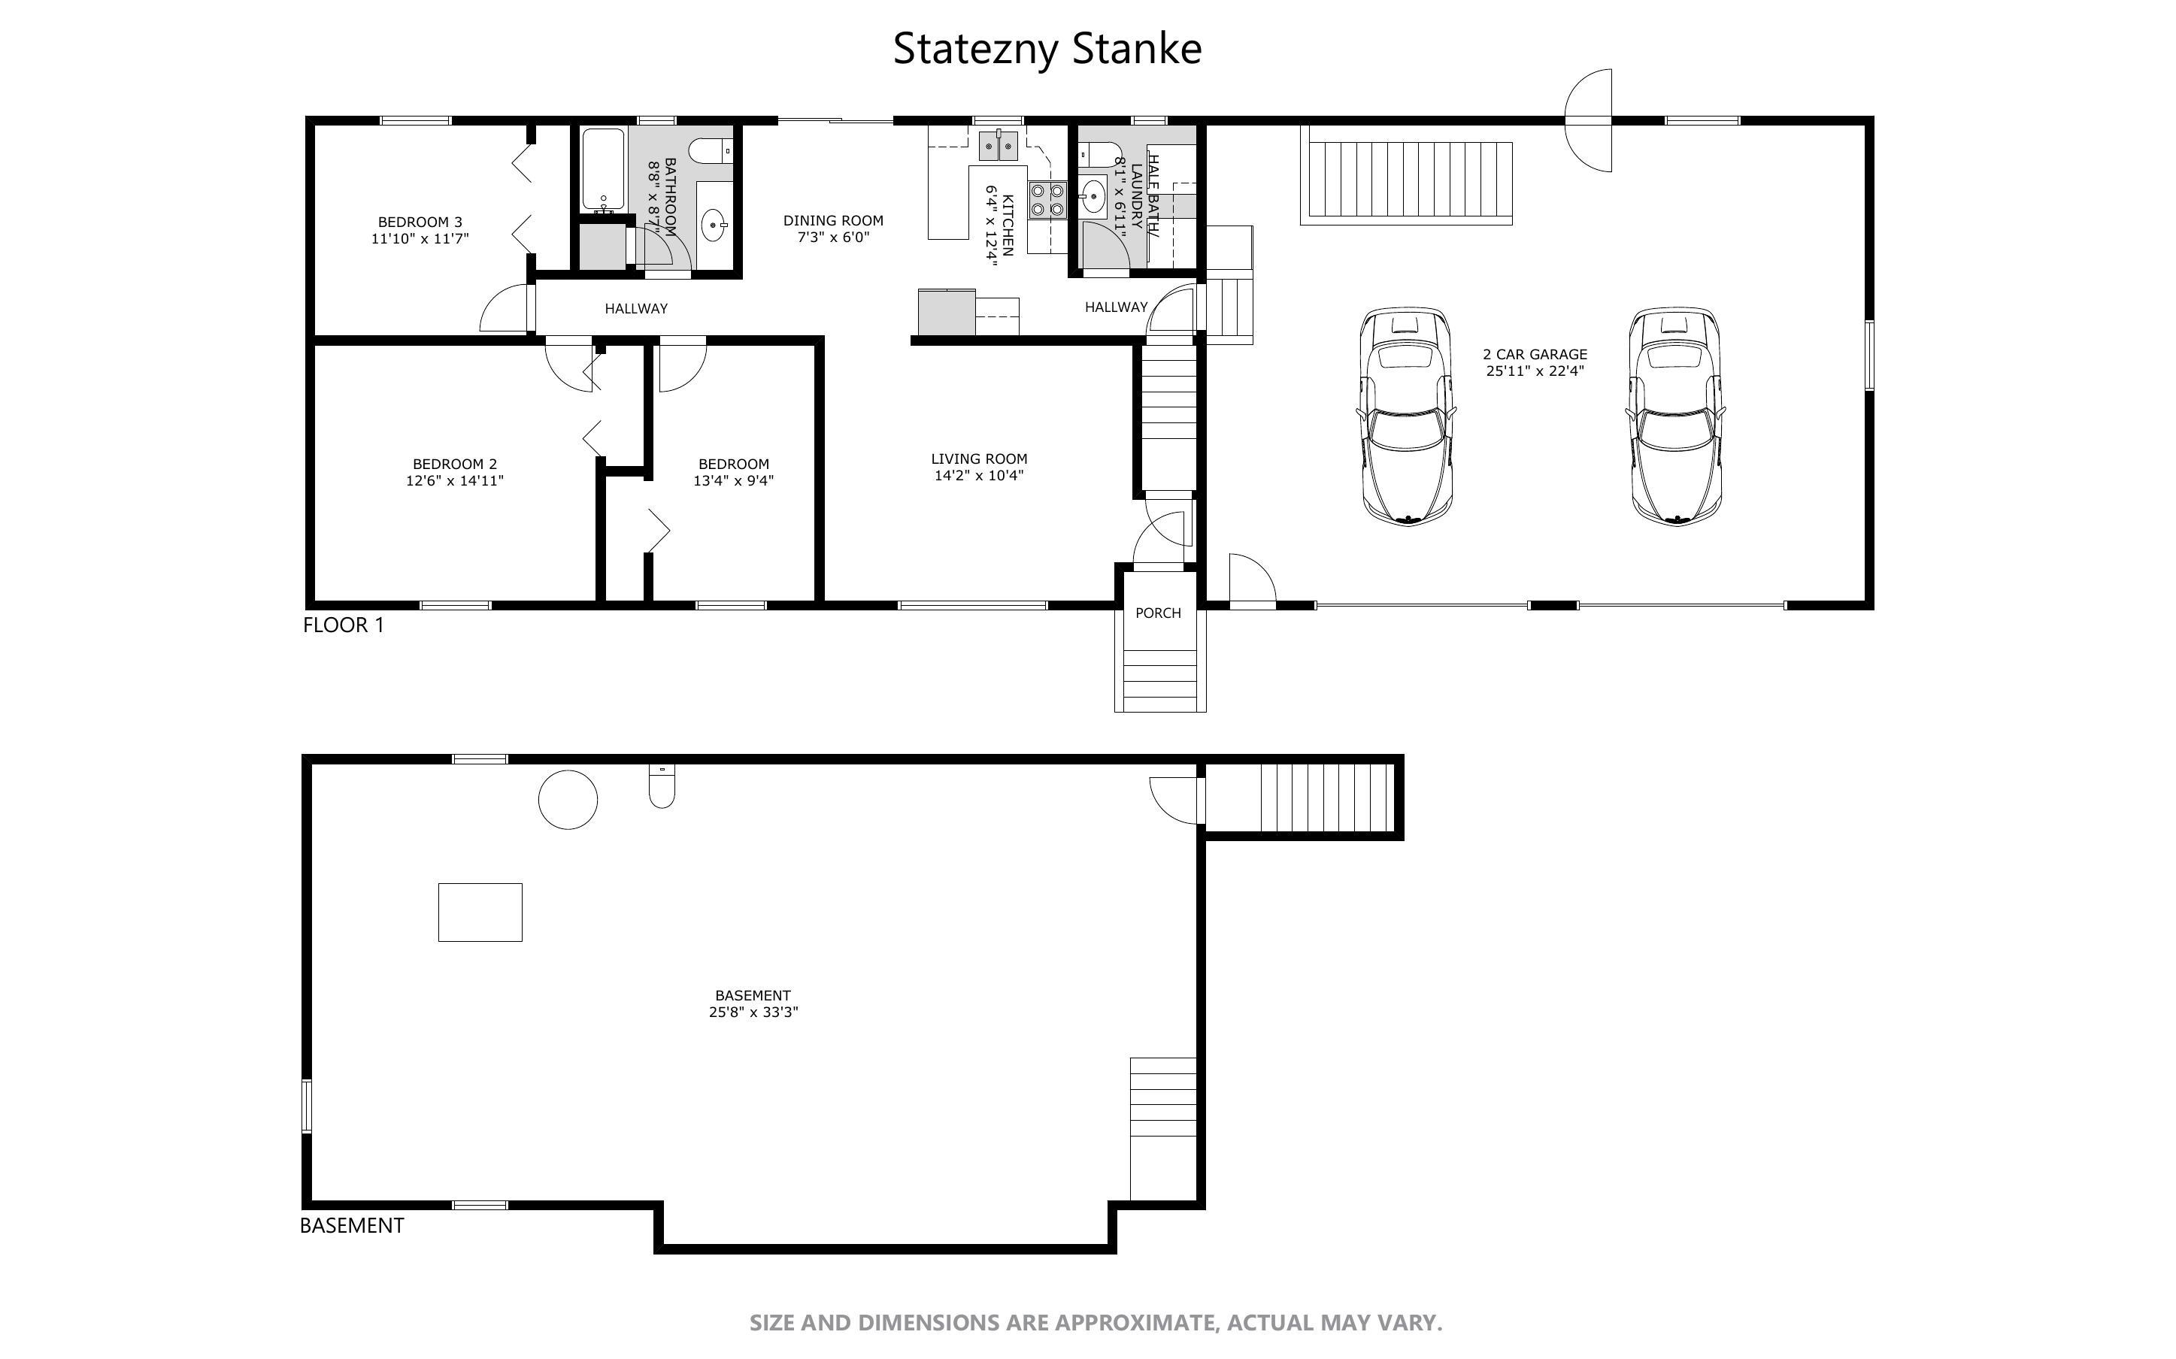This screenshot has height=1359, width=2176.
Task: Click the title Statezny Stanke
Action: tap(1047, 50)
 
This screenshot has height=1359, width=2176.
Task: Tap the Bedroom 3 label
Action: tap(420, 222)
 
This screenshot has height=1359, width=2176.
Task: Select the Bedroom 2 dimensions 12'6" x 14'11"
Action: tap(455, 481)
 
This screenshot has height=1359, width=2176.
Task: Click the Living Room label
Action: tap(979, 459)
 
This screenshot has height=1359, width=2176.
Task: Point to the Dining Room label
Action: tap(833, 220)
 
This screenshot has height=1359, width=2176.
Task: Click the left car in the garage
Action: tap(1406, 416)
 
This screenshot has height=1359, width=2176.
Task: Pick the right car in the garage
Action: tap(1675, 416)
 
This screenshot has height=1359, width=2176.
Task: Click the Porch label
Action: tap(1158, 613)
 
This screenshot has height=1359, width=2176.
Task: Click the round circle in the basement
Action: tap(568, 799)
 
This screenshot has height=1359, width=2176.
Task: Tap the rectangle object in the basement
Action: tap(480, 913)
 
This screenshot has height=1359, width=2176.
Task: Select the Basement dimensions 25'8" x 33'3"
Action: tap(753, 1012)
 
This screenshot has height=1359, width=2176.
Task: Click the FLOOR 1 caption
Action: tap(344, 625)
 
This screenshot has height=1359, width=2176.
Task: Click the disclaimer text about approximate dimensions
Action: tap(1096, 1323)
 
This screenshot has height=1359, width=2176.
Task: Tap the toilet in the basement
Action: tap(662, 785)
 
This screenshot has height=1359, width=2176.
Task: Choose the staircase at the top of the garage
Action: tap(1407, 175)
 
